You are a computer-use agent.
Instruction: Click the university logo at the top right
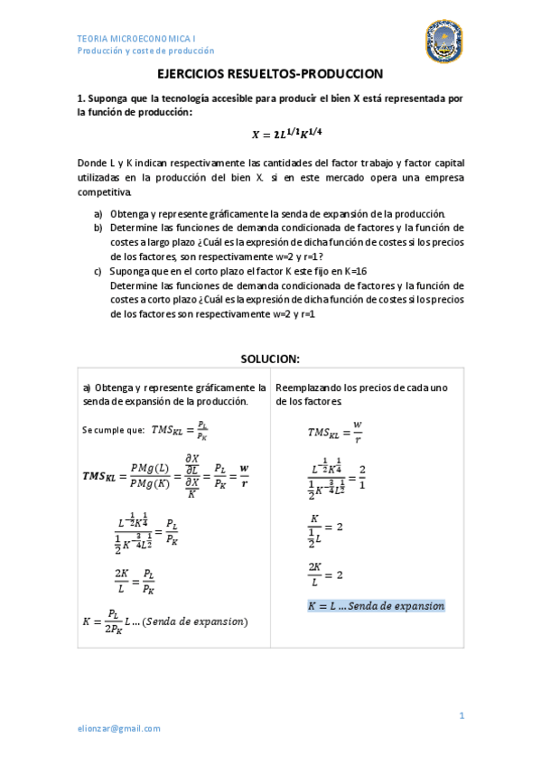coord(443,42)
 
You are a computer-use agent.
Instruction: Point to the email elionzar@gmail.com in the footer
coord(118,728)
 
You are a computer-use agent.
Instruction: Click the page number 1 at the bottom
coord(461,715)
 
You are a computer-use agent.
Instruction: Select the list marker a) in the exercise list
coord(98,214)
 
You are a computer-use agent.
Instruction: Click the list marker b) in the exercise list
coord(98,228)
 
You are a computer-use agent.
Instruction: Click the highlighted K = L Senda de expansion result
coord(376,606)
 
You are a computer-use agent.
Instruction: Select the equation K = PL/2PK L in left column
coord(164,621)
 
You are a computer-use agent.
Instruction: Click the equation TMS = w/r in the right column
coord(335,431)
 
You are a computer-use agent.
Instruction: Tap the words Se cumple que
coord(112,430)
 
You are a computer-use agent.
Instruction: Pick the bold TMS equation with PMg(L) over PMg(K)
coord(164,476)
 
